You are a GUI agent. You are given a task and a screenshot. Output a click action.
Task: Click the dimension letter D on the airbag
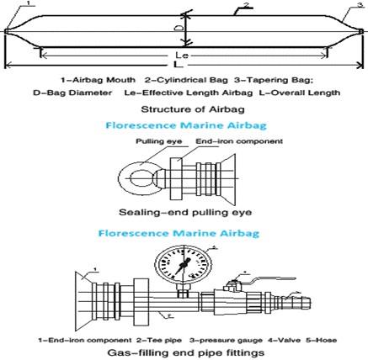(x=179, y=28)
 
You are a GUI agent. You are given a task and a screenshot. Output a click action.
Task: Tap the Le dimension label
(x=182, y=55)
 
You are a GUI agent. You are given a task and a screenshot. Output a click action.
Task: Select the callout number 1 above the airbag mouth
(x=28, y=3)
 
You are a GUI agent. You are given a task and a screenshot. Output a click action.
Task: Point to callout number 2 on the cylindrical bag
(x=246, y=4)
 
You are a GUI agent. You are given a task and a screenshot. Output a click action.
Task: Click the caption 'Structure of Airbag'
(x=193, y=109)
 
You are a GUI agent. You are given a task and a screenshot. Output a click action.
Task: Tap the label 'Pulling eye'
(x=158, y=141)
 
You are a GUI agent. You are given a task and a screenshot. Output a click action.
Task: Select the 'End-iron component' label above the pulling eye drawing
(x=239, y=141)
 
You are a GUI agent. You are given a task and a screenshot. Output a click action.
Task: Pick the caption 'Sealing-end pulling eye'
(x=185, y=212)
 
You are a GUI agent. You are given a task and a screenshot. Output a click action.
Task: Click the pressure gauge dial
(x=183, y=264)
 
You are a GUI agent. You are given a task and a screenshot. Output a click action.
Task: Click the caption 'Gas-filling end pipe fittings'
(x=186, y=352)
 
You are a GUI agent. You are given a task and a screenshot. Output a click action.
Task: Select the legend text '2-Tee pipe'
(x=159, y=341)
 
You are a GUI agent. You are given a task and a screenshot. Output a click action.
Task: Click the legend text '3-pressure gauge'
(x=226, y=341)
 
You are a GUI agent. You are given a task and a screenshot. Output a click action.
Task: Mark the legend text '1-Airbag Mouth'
(x=98, y=80)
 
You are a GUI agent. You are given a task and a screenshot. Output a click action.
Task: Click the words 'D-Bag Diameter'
(x=72, y=93)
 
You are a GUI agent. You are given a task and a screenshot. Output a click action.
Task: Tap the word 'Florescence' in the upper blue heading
(x=141, y=125)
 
